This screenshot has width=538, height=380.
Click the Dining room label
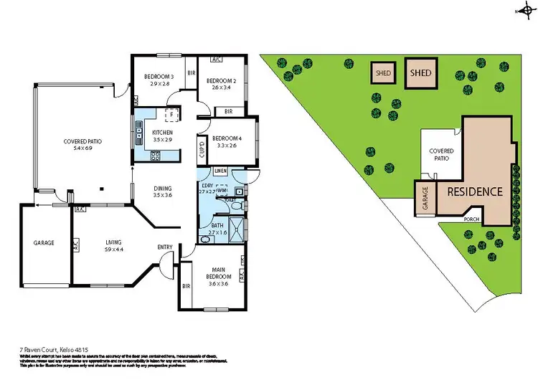point(163,189)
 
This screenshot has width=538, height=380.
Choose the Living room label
point(113,242)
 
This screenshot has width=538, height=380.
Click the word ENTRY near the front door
point(165,248)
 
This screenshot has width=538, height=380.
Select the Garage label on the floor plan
point(44,243)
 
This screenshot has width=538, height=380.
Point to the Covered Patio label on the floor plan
point(82,142)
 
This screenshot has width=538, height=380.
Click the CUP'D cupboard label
point(202,150)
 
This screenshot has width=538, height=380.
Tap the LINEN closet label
point(220,171)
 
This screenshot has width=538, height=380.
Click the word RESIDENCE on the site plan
point(475,192)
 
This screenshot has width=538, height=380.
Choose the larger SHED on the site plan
point(420,73)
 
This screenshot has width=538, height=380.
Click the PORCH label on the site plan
point(471,219)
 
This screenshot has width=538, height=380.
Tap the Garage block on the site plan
point(425,199)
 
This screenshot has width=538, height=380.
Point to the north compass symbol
point(522,11)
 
